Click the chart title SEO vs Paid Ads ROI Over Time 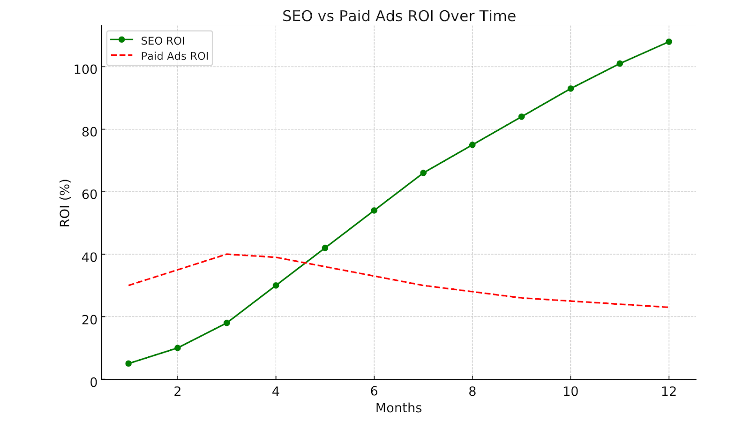(399, 16)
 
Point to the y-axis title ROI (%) (65, 203)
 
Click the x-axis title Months (398, 408)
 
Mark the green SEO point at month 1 (128, 363)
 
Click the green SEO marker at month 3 (227, 323)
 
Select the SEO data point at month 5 (325, 248)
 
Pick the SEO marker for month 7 (423, 173)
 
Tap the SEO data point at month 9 (521, 117)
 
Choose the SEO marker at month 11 (620, 63)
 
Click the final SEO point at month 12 (669, 42)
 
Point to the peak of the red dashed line (227, 254)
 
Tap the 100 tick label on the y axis (85, 69)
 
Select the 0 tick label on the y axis (94, 382)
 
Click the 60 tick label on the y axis (89, 194)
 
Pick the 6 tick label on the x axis (374, 392)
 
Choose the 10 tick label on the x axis (570, 392)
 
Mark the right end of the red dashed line (668, 307)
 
